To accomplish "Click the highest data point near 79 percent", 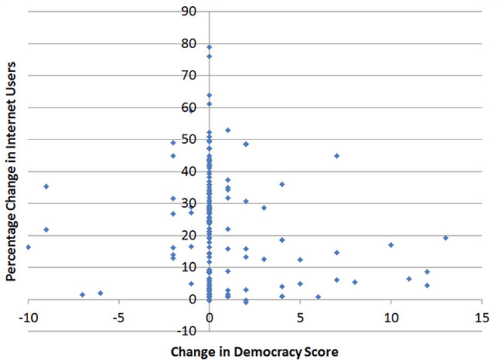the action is [210, 47].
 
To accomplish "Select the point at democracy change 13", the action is [445, 238].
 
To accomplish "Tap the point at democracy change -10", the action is [29, 247].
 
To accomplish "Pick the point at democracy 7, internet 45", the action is [336, 156].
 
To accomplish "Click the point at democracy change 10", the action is [391, 245].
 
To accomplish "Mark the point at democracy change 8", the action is [355, 282].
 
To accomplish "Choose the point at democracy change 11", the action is [409, 279].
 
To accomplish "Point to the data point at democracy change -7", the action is [83, 294].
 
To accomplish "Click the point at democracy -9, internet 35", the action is [46, 186].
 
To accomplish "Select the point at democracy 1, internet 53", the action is [227, 131].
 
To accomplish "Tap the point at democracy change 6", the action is [319, 297].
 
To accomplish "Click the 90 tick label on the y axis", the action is [189, 12].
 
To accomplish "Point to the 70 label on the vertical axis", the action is [189, 76].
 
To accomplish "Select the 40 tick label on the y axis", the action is [189, 172].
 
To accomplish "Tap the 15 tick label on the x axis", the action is [482, 318].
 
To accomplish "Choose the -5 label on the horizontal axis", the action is [119, 318].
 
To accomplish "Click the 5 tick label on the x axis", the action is [301, 318].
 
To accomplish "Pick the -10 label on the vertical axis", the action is [186, 331].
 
